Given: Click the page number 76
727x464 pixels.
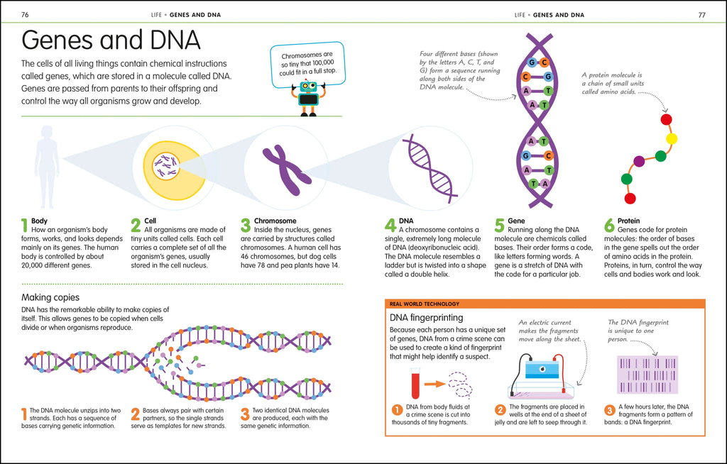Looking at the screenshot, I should pos(26,14).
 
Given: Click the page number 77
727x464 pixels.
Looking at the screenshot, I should pos(701,14).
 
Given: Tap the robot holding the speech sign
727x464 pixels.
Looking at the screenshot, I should pos(308,98).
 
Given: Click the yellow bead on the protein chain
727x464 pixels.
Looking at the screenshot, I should pos(672,138).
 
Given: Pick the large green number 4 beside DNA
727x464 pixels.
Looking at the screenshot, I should pos(390,226).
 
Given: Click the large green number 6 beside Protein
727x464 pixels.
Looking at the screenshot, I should pos(609,226).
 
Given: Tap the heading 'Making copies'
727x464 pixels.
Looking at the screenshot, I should pos(50,297).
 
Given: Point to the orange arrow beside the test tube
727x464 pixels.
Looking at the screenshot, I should pos(435,385).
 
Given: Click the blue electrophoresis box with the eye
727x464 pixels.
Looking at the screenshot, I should pos(541,372).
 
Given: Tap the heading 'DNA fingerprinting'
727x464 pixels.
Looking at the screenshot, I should pos(426,318).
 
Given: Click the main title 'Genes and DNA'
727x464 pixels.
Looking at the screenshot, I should pos(111,40).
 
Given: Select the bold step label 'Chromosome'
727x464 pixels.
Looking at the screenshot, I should pos(275,221).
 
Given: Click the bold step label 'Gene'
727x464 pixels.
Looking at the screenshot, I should pos(516,221).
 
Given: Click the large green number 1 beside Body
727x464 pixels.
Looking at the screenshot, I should pos(25,226).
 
